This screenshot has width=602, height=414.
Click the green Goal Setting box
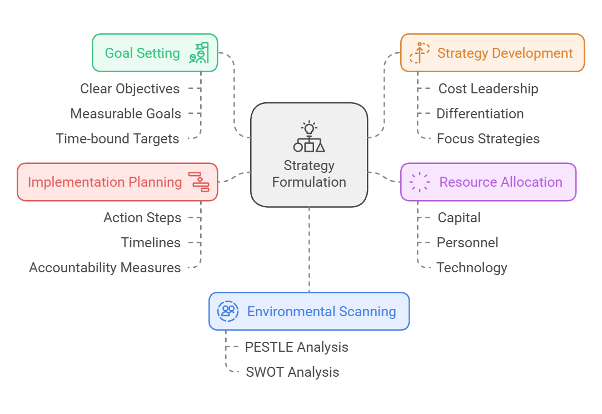coord(155,53)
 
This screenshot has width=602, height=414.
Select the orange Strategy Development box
coord(492,53)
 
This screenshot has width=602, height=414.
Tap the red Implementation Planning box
coord(117,182)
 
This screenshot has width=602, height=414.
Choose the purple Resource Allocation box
coord(488,182)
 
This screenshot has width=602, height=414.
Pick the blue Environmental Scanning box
coord(309,311)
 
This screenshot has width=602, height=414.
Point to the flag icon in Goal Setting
coord(199,53)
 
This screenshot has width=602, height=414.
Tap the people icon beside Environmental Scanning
coord(228,311)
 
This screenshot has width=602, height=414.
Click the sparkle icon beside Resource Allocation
coord(419,182)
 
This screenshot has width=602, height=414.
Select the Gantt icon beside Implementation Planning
coord(199,182)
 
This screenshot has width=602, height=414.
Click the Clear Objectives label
coord(130,88)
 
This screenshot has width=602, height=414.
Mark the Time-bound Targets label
coord(117,138)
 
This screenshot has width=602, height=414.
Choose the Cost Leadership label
coord(489,88)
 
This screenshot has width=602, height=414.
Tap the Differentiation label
coord(480,113)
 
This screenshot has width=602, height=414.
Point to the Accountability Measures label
coord(105,267)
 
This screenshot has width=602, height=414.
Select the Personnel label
coord(467,242)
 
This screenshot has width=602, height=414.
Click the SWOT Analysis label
coord(292,372)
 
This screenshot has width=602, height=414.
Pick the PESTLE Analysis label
coord(296,347)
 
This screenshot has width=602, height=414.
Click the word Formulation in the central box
coord(309,182)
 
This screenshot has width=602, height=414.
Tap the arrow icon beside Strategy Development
coord(419,53)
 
